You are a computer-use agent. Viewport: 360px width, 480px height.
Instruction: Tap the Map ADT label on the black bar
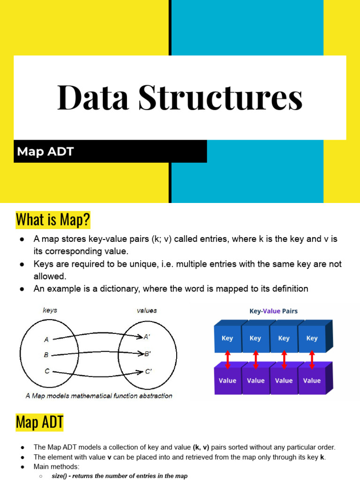(45, 152)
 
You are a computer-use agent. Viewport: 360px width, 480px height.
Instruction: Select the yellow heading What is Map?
(53, 219)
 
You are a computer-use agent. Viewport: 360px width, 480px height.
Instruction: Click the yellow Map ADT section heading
(40, 422)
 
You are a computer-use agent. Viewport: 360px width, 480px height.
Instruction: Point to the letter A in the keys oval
(46, 339)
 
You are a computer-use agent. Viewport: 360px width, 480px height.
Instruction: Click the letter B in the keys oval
(46, 355)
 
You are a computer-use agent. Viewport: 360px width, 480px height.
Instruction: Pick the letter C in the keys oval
(47, 371)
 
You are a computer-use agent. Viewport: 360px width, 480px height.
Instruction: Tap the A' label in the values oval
(147, 336)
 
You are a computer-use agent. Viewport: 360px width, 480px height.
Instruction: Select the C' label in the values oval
(148, 372)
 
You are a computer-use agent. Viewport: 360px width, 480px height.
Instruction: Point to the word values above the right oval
(147, 310)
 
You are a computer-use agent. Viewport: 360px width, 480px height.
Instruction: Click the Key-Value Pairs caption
(273, 311)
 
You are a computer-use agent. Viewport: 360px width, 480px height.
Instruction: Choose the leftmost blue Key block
(227, 338)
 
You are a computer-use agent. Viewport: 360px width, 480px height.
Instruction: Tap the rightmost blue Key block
(312, 338)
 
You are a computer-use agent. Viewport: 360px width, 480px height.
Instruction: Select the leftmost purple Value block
(227, 380)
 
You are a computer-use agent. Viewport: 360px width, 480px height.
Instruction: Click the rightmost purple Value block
(312, 380)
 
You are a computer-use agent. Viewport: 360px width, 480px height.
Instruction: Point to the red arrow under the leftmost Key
(227, 359)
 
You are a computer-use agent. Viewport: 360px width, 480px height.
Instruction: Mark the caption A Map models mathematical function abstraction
(98, 396)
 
